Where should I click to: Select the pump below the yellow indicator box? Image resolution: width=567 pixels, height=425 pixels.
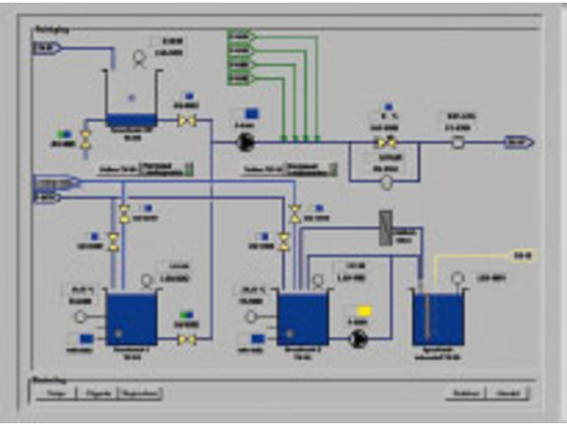click(358, 339)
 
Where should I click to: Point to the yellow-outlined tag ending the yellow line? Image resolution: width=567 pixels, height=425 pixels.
click(523, 257)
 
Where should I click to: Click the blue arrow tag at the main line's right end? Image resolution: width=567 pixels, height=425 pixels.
click(517, 142)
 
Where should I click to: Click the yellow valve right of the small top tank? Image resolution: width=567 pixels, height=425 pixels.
click(187, 120)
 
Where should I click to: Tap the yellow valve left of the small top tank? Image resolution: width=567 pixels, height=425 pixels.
click(86, 138)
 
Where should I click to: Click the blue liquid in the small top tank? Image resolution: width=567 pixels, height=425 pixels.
click(131, 119)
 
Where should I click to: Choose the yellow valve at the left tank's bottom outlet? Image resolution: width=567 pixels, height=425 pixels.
click(186, 339)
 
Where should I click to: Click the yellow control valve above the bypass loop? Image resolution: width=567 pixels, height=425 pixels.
click(386, 142)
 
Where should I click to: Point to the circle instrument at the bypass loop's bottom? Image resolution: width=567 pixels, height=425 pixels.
click(386, 182)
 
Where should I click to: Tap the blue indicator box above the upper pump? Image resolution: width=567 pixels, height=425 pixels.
click(251, 114)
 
